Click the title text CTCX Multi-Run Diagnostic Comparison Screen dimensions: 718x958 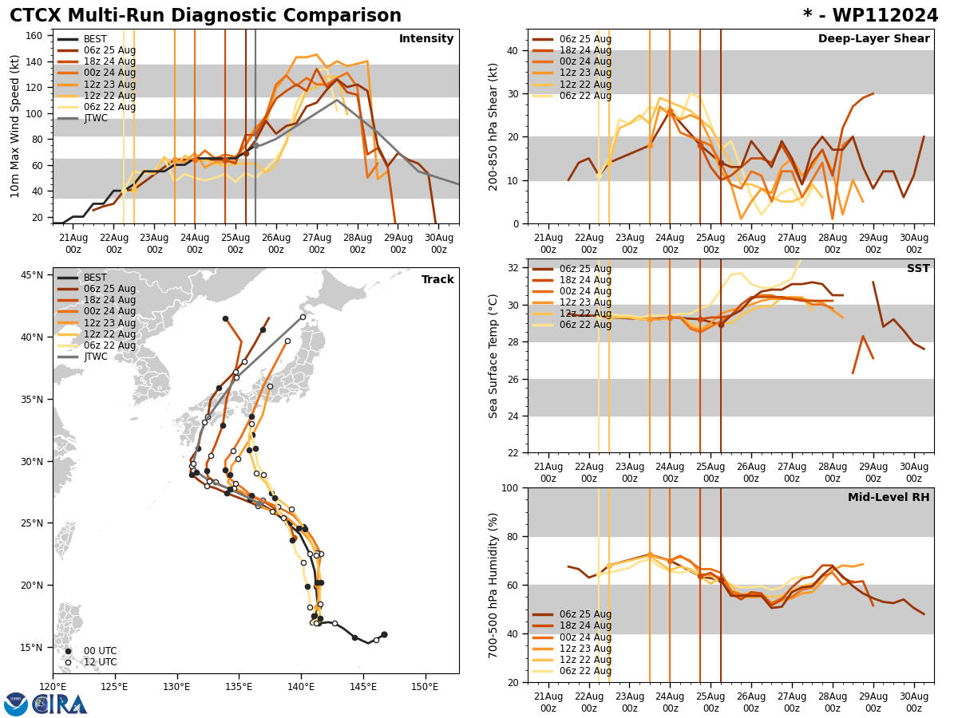pos(205,16)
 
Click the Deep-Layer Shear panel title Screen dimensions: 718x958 pos(873,39)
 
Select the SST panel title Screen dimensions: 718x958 pos(917,269)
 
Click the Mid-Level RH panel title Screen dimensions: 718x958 pos(889,498)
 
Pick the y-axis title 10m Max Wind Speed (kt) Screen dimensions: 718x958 pos(14,126)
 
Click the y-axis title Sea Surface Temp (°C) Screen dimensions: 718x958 pos(493,356)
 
